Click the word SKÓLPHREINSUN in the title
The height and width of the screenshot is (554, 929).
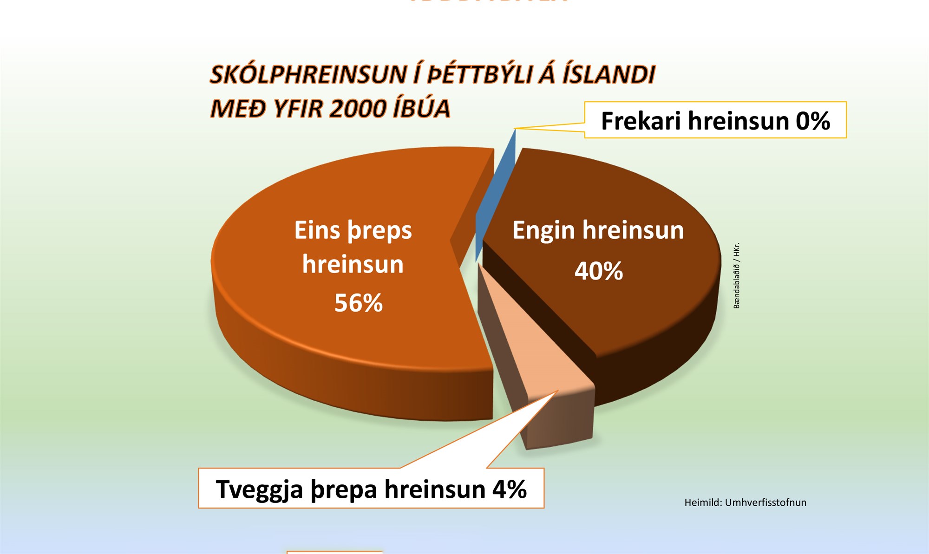[x=308, y=75]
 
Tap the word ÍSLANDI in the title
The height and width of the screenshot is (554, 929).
[x=608, y=75]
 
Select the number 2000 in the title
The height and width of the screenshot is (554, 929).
[x=357, y=109]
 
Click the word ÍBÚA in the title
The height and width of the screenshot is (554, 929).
[x=421, y=109]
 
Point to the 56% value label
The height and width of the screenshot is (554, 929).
[x=358, y=303]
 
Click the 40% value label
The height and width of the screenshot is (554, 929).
[x=598, y=271]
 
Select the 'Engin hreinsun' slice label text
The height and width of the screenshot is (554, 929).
[x=598, y=230]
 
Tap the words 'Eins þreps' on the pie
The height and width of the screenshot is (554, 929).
[x=353, y=230]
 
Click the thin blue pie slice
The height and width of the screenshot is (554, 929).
[x=495, y=195]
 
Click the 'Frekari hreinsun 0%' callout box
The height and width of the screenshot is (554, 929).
[x=715, y=120]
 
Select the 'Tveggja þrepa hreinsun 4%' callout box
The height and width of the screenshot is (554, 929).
[x=371, y=489]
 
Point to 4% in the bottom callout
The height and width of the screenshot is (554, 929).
[x=510, y=489]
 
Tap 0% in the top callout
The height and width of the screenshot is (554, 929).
[x=812, y=121]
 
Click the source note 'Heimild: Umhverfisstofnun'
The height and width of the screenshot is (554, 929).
[x=745, y=502]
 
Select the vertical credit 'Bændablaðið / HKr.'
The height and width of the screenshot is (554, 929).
[x=737, y=275]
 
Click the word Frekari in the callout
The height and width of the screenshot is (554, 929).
[x=641, y=121]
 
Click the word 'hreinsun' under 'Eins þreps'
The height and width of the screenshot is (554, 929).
[x=353, y=265]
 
